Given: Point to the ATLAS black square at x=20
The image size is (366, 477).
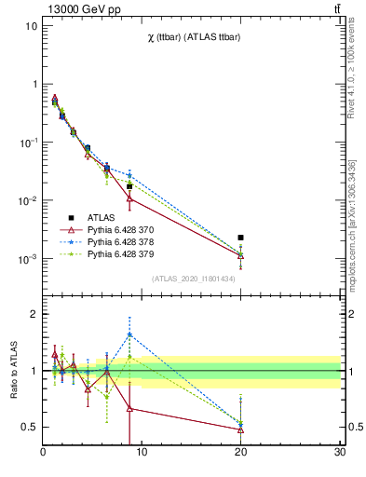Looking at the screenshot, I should (241, 238).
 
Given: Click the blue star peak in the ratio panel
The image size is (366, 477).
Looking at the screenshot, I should (129, 334).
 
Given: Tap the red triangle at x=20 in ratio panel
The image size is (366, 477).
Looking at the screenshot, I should (241, 429).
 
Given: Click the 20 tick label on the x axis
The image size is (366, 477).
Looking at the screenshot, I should (241, 454).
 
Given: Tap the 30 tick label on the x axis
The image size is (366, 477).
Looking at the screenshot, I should (339, 454).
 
